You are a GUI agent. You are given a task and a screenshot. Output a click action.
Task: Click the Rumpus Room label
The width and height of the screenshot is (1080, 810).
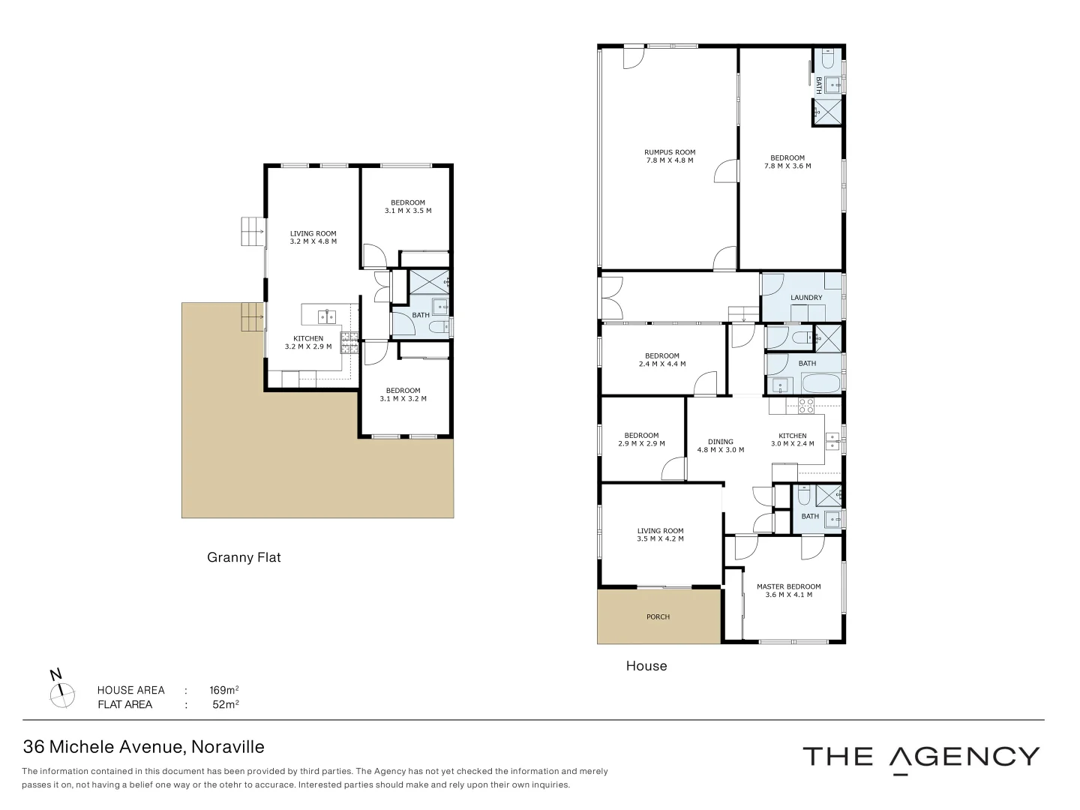[669, 156]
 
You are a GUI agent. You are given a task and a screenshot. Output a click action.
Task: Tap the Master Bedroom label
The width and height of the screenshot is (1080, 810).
[788, 590]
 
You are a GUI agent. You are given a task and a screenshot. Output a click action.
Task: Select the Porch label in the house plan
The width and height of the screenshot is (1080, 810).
[658, 616]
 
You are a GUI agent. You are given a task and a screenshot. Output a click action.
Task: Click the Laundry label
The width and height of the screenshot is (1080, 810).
[806, 298]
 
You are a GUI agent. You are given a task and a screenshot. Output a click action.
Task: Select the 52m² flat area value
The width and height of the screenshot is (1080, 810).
[225, 704]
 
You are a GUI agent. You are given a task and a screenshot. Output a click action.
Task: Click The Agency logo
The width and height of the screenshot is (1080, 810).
[921, 757]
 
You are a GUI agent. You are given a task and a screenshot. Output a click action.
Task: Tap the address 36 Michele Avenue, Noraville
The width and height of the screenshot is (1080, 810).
[144, 747]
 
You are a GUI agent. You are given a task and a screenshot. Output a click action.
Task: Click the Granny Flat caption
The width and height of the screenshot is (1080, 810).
[244, 557]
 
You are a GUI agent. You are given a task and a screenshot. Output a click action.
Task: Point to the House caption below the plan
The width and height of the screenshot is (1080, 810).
[646, 665]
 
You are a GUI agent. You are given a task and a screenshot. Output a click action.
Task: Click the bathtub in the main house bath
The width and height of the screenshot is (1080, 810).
[820, 385]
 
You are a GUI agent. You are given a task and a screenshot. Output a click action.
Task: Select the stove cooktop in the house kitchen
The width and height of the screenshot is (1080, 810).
[805, 406]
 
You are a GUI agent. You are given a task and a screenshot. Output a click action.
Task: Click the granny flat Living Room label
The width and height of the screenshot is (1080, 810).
[313, 237]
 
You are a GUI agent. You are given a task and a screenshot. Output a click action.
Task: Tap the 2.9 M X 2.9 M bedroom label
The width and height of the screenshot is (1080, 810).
[641, 439]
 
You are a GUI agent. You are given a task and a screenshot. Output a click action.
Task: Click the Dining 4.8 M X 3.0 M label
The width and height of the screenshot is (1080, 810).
[720, 445]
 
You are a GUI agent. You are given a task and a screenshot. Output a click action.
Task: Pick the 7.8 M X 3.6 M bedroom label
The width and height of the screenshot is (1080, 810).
[787, 162]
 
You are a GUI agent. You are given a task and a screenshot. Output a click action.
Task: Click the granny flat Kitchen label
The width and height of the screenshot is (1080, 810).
[307, 342]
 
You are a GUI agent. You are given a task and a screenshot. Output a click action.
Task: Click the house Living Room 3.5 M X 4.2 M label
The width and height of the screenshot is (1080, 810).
[660, 535]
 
